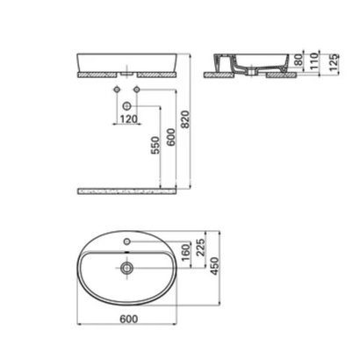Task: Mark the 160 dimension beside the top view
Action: click(187, 254)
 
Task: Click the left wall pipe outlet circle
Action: click(115, 91)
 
